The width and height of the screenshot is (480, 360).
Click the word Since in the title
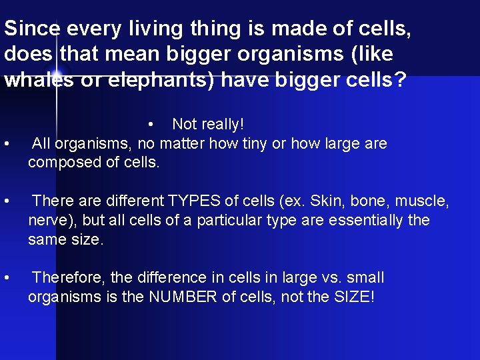(29, 29)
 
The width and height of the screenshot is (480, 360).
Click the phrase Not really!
(208, 124)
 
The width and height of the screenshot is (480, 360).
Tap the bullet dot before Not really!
(153, 125)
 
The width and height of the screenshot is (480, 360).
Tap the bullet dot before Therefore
(7, 277)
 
